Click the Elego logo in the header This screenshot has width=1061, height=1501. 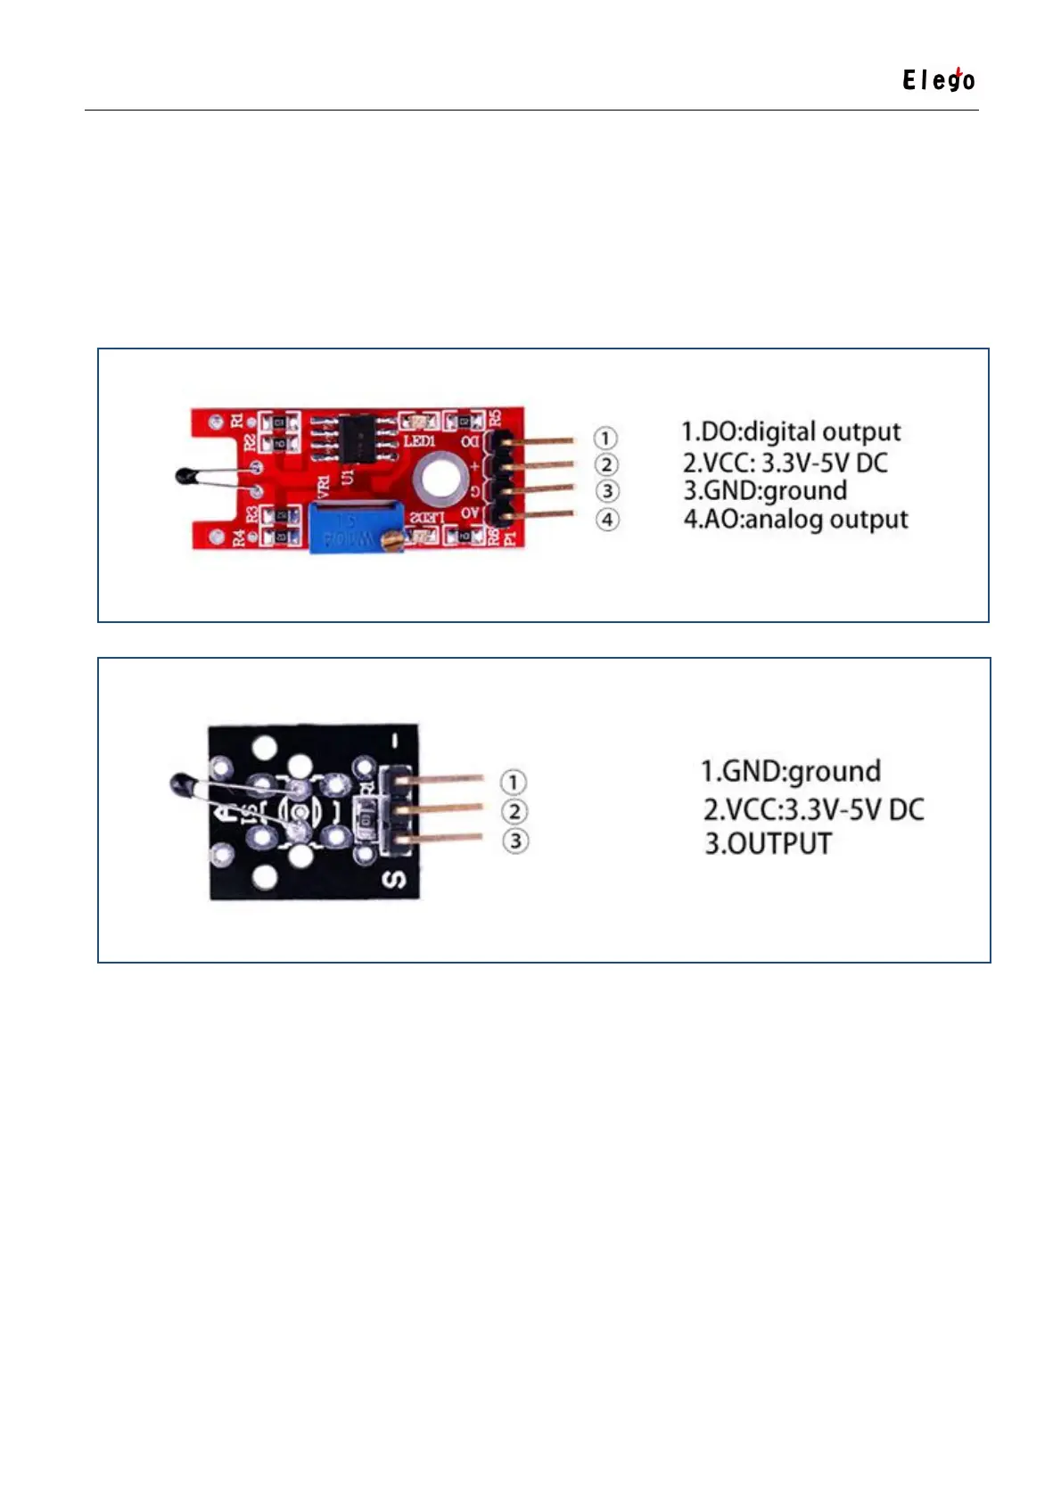point(938,80)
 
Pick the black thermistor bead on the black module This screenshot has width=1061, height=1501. point(182,784)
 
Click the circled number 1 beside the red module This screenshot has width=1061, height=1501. point(605,438)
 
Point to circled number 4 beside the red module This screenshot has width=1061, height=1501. point(607,519)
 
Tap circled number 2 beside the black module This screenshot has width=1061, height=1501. point(514,811)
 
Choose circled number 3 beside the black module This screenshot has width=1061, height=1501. point(515,841)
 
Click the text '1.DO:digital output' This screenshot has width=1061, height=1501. point(791,432)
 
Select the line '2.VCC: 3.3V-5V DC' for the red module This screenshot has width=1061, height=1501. point(785,463)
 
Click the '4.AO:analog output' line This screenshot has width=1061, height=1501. point(795,519)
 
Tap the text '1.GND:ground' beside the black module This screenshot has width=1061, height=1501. point(790,771)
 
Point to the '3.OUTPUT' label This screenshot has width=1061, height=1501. point(768,843)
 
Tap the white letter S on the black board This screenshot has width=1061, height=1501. point(395,880)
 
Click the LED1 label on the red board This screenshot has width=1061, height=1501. point(420,441)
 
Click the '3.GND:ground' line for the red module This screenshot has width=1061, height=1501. point(765,490)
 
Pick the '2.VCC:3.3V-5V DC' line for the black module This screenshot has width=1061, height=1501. point(813,809)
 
